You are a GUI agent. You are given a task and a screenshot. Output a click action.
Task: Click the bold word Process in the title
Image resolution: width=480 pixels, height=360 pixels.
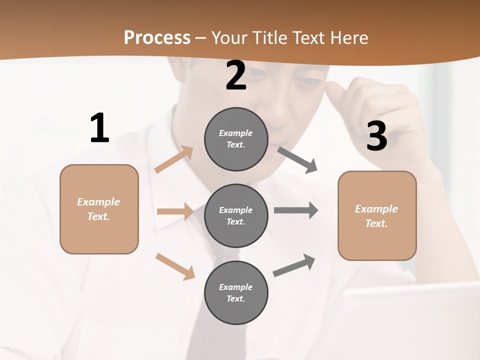click(157, 37)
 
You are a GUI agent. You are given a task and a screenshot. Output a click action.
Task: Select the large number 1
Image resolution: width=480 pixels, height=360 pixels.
click(99, 128)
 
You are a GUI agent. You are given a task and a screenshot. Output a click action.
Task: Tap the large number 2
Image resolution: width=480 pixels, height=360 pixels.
click(236, 76)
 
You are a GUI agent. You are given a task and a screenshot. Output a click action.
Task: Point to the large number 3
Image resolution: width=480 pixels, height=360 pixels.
click(376, 136)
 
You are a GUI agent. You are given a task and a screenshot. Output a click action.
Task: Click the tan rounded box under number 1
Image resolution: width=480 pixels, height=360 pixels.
click(99, 209)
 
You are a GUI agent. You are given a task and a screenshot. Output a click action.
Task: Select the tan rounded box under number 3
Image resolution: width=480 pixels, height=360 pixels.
click(377, 216)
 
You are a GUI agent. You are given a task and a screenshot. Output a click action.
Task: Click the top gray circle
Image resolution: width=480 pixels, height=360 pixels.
click(236, 139)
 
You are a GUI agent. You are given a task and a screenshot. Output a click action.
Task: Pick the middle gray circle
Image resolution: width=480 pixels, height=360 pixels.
click(236, 215)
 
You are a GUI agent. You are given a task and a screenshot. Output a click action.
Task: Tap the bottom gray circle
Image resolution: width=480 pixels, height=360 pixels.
click(236, 292)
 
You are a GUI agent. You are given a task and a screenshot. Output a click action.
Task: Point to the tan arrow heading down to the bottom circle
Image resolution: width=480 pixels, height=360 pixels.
click(175, 266)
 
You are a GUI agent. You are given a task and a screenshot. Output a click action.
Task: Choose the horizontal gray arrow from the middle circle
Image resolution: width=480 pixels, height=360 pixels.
click(295, 210)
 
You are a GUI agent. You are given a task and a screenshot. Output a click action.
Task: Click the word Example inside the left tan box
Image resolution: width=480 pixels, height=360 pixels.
click(98, 202)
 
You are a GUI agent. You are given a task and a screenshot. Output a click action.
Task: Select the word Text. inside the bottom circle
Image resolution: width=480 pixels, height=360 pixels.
click(235, 298)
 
